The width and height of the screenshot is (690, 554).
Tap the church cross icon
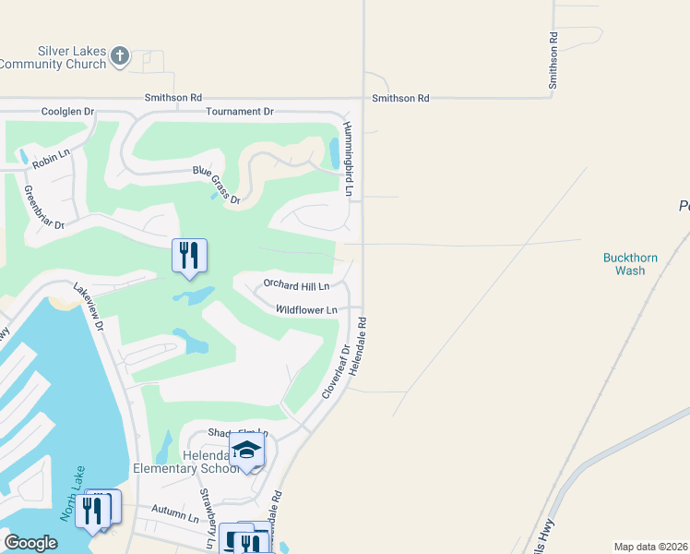tap(118, 57)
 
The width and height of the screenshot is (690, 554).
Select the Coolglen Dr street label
tap(68, 112)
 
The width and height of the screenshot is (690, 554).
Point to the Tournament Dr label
tap(240, 112)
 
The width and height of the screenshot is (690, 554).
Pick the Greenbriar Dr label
tap(43, 208)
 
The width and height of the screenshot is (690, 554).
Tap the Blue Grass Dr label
tap(216, 185)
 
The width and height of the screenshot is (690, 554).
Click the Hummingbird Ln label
tap(349, 158)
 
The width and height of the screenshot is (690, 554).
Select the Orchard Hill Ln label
tap(296, 285)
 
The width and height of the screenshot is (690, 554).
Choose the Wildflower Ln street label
tap(306, 310)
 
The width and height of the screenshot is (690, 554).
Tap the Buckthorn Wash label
tap(630, 264)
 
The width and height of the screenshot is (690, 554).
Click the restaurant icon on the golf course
tap(189, 255)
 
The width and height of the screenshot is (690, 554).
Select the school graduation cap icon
tap(247, 451)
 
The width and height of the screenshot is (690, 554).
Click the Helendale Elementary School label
tap(190, 463)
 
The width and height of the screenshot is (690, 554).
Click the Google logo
tap(31, 543)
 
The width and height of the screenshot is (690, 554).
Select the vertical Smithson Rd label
tap(553, 60)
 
